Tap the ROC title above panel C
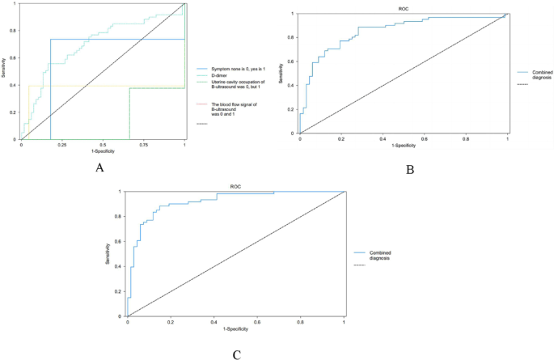point(235,185)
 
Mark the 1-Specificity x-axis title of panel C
point(235,330)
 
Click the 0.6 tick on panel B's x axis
point(424,140)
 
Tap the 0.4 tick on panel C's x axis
point(214,322)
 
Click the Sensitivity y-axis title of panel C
point(109,253)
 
